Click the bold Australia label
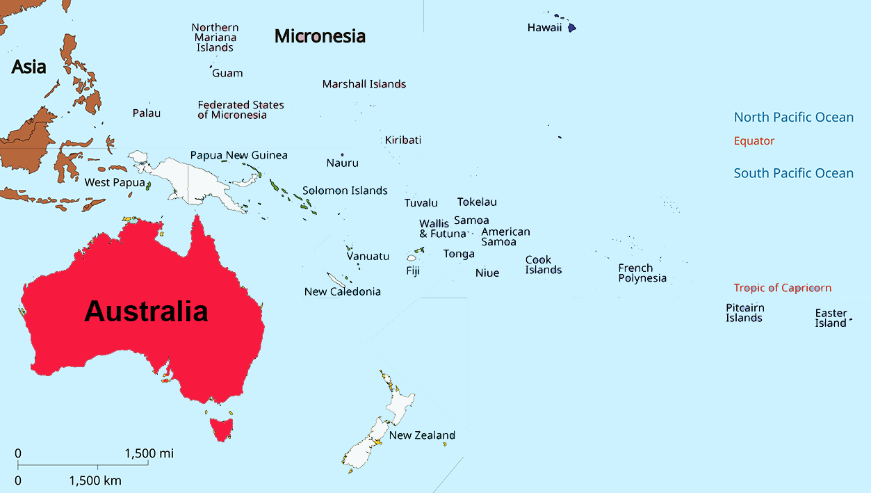[x=146, y=312]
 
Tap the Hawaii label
[x=544, y=28]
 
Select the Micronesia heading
[x=320, y=36]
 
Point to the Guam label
[x=227, y=73]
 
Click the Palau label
[x=147, y=113]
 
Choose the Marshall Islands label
[x=364, y=84]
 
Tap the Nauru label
[x=343, y=163]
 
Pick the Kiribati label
[x=403, y=140]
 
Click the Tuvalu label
[x=421, y=203]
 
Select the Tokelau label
[x=477, y=202]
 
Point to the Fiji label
[x=413, y=271]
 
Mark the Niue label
[x=487, y=273]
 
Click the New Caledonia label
[x=343, y=291]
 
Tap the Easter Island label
[x=831, y=318]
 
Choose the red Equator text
[x=754, y=141]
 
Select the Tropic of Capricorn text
[x=782, y=288]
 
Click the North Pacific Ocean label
[x=794, y=118]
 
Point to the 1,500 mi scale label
[x=149, y=453]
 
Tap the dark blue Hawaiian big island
[x=571, y=29]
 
